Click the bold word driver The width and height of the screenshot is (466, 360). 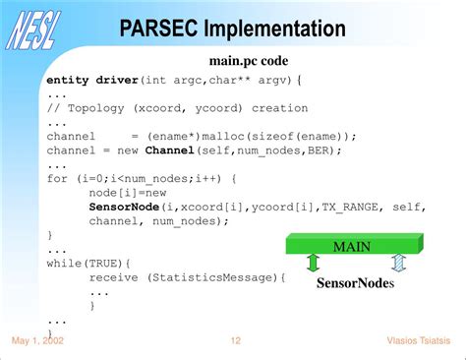click(114, 80)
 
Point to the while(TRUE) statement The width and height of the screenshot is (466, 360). click(75, 264)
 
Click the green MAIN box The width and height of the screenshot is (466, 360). click(352, 245)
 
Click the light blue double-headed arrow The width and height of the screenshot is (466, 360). click(398, 263)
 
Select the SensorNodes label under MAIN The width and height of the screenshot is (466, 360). click(355, 283)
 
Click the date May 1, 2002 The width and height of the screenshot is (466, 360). click(38, 340)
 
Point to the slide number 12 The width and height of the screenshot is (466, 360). click(236, 340)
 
